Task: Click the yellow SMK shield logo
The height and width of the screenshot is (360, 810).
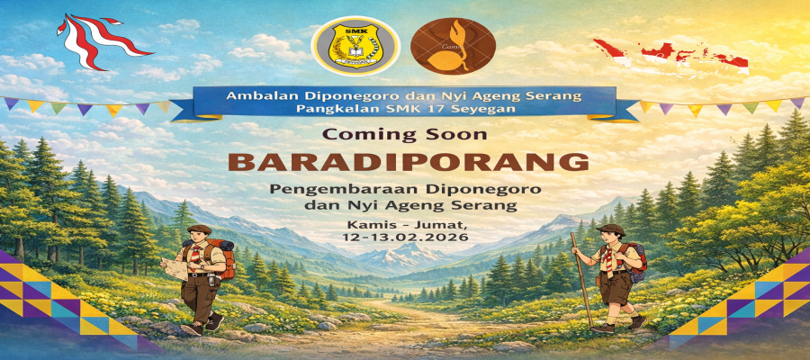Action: (355, 46)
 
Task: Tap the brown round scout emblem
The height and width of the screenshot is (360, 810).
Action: (453, 46)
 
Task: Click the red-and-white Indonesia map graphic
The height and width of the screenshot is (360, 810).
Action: (671, 55)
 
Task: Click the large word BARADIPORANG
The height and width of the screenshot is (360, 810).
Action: (409, 162)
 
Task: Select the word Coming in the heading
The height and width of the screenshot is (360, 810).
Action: (362, 135)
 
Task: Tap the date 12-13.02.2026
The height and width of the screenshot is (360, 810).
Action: (405, 238)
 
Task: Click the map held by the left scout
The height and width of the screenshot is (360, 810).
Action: (174, 268)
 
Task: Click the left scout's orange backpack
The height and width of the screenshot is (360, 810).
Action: (224, 256)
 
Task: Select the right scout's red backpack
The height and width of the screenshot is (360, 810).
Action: (636, 262)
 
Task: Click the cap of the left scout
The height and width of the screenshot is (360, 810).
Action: (199, 229)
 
